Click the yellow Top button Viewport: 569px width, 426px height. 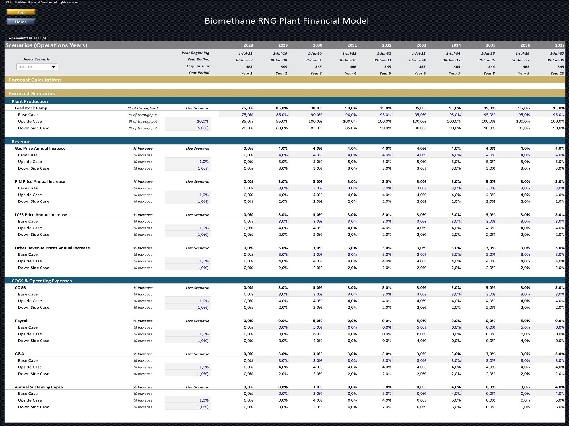(21, 12)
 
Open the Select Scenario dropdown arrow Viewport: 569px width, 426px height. (53, 67)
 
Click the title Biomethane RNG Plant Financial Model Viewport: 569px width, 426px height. (286, 21)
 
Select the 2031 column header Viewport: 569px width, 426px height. (352, 45)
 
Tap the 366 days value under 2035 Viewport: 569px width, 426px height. (491, 67)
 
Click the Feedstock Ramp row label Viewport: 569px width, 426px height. (31, 108)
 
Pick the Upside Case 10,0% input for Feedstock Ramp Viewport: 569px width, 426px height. (203, 121)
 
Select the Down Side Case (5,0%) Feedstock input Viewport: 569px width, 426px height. (202, 128)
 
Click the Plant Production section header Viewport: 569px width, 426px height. (30, 101)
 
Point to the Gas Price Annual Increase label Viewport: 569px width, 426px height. (40, 148)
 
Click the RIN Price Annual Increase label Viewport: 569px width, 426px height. (40, 181)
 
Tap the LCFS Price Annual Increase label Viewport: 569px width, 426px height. (41, 215)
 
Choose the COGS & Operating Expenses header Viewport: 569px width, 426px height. (42, 281)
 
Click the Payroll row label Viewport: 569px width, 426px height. (22, 321)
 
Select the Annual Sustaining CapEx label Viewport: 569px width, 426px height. (39, 387)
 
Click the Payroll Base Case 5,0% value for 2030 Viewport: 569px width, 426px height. (318, 327)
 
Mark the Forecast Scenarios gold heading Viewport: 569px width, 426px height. (32, 93)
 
